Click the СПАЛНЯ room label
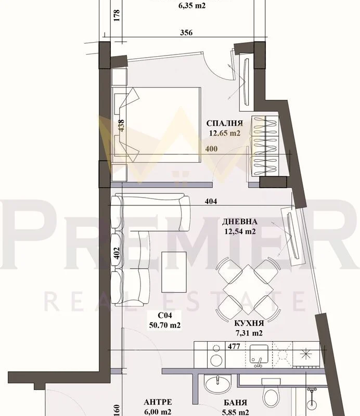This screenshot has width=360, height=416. click(x=224, y=123)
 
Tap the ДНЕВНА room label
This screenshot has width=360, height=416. click(x=239, y=222)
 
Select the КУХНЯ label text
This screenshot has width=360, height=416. click(x=249, y=323)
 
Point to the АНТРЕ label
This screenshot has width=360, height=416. click(x=158, y=402)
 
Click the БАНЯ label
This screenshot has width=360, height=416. click(x=236, y=403)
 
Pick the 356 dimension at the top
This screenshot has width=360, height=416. click(x=186, y=33)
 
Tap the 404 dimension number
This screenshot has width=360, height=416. click(x=211, y=201)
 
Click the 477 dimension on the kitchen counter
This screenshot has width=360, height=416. click(x=234, y=346)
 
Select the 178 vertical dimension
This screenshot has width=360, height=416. click(x=117, y=16)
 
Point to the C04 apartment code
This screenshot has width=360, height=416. click(x=165, y=316)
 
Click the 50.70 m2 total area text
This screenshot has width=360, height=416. click(x=165, y=325)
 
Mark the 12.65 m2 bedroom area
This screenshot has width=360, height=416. click(x=225, y=133)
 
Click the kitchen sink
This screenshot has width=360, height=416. click(x=259, y=355)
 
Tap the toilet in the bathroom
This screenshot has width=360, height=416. click(x=271, y=392)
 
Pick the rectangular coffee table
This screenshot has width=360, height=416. click(x=174, y=272)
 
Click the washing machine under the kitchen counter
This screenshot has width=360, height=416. click(x=216, y=355)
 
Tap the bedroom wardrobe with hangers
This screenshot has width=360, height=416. click(x=265, y=146)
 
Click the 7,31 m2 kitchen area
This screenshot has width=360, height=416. click(x=249, y=333)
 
